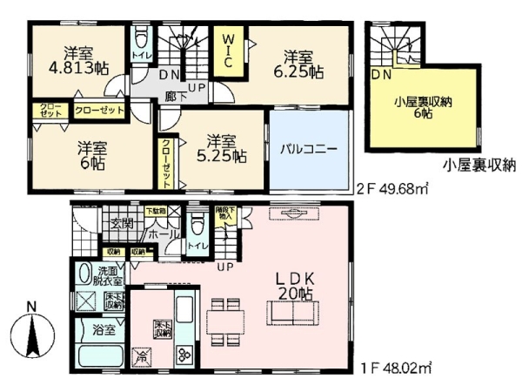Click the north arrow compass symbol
coord(32,335)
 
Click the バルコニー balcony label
coord(309,149)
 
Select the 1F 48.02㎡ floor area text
coord(396,369)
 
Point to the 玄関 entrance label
coord(120,224)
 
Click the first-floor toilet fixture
coord(198,226)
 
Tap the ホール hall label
coord(158,235)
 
